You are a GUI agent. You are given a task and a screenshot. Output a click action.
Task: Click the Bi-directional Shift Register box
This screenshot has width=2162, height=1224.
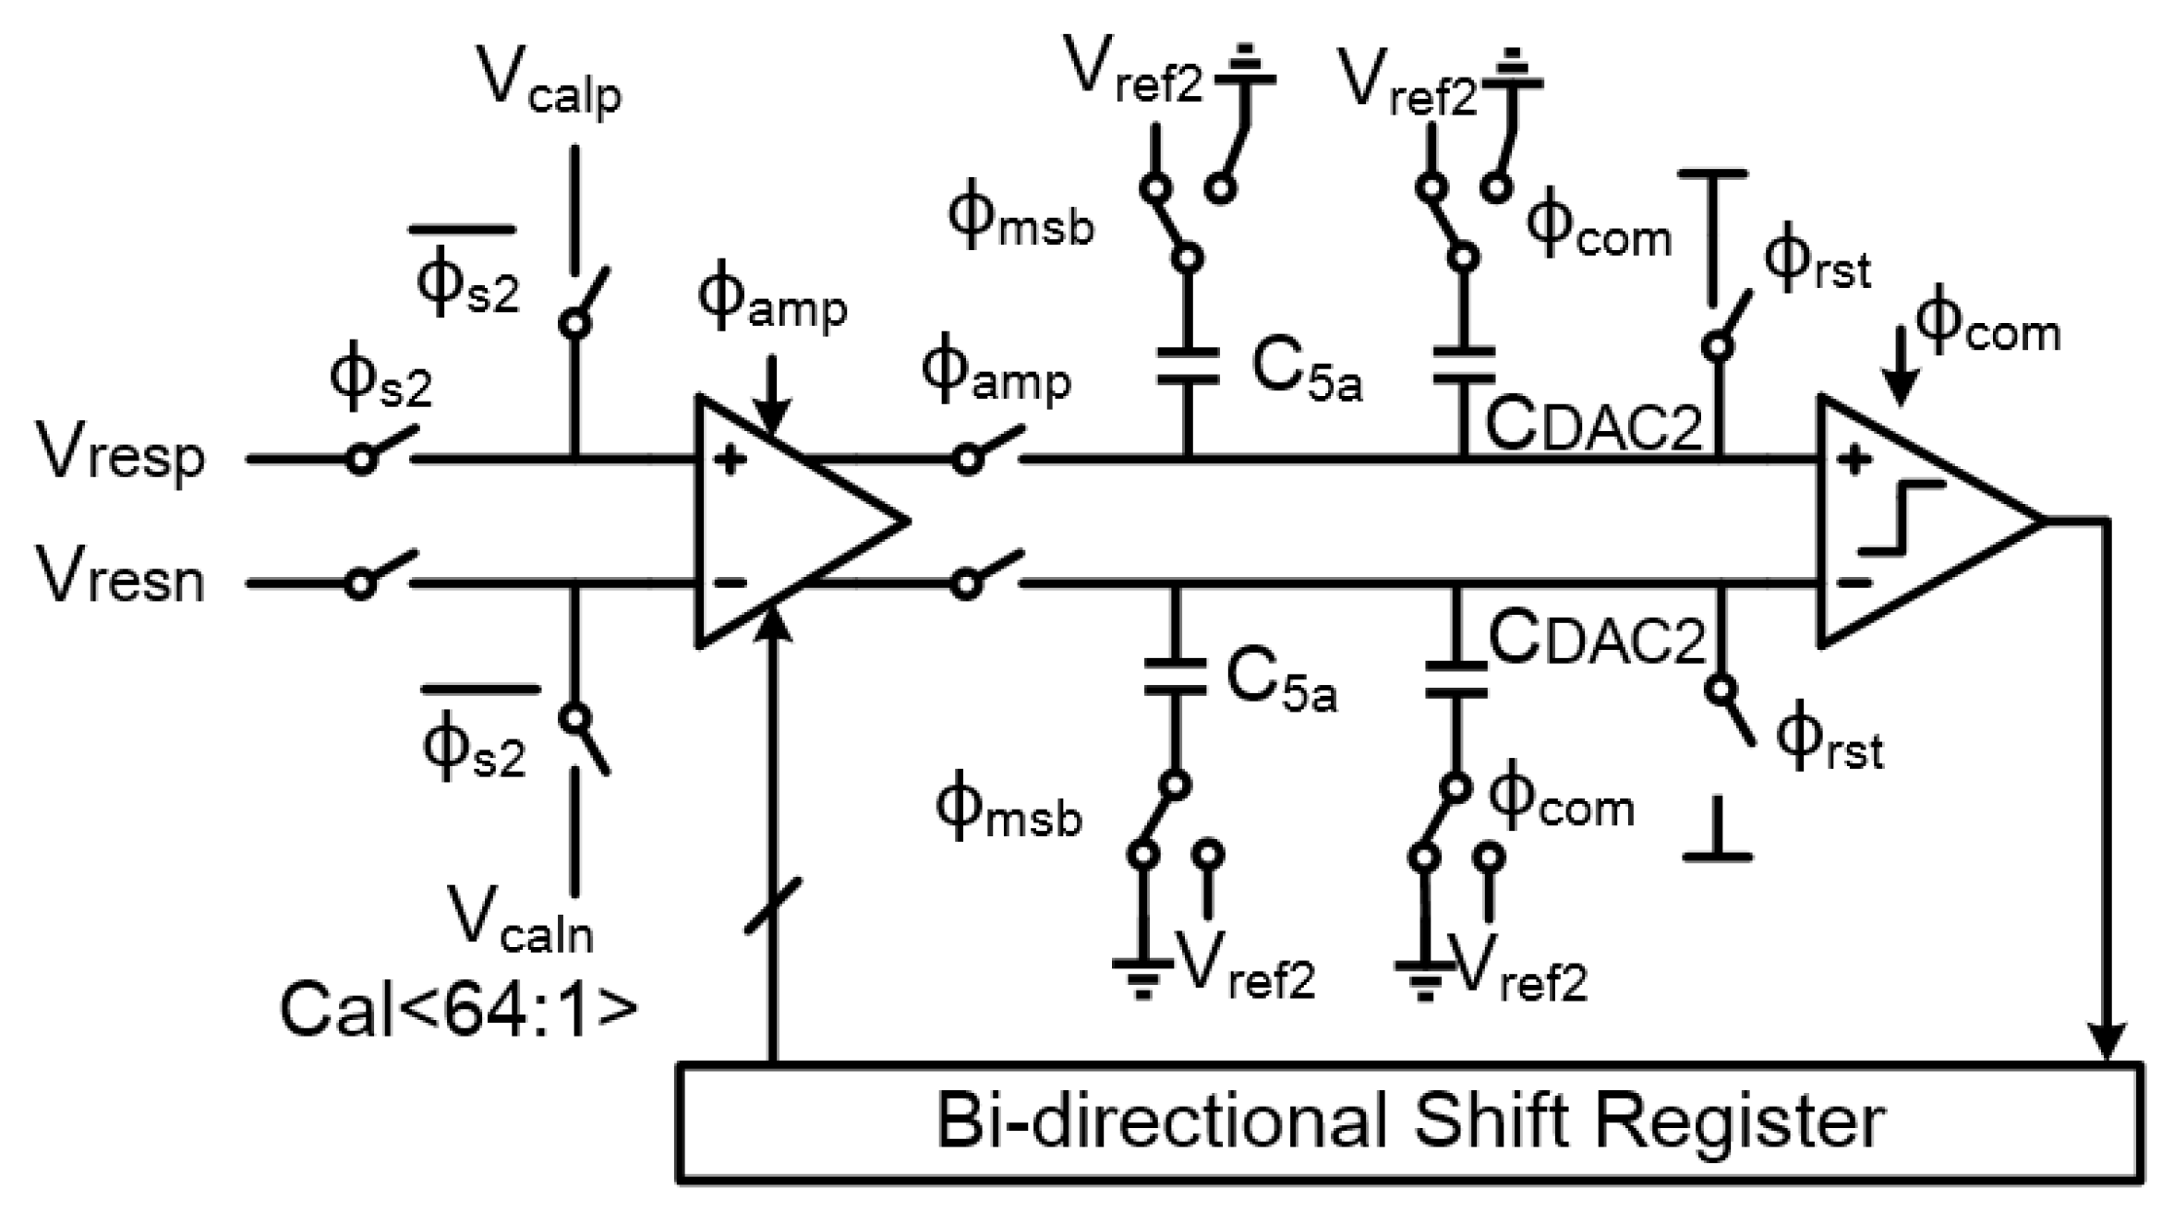(x=1410, y=1122)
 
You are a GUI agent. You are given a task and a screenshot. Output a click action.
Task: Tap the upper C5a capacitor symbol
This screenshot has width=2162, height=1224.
(x=1188, y=365)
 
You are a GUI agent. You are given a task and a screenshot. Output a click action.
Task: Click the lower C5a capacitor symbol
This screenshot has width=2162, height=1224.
(x=1175, y=677)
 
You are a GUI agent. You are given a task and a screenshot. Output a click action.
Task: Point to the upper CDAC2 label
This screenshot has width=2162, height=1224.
(x=1593, y=426)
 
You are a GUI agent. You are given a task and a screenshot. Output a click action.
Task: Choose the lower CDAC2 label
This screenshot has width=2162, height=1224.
(x=1597, y=638)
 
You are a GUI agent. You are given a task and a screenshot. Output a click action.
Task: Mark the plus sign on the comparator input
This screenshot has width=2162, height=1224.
(x=1854, y=460)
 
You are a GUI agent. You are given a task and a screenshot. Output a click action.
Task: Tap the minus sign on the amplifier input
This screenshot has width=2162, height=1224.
(x=731, y=582)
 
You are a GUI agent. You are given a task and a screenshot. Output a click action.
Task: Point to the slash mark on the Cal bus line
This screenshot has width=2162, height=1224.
(x=773, y=906)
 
